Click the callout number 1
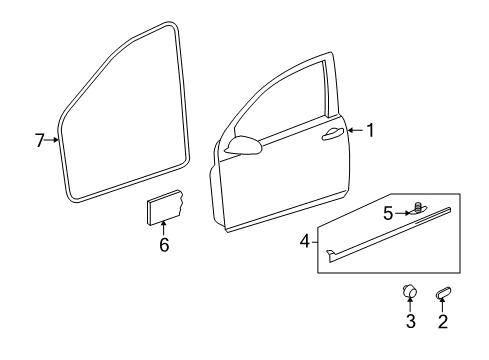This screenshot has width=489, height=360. (370, 130)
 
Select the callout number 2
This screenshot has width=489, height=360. (443, 321)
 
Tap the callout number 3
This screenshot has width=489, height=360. (411, 321)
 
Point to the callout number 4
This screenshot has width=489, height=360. (305, 241)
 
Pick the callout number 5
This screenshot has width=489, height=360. (388, 213)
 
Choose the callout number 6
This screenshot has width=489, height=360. (164, 245)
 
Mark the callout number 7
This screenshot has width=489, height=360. (40, 140)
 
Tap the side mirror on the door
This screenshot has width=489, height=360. (244, 145)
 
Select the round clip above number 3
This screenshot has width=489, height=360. (409, 291)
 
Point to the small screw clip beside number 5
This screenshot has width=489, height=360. (418, 208)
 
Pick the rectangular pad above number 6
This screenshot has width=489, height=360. (165, 208)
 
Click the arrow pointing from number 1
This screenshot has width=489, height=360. (356, 130)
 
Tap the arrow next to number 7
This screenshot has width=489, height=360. (52, 140)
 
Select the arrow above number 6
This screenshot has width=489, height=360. (163, 229)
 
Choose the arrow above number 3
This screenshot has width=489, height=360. (410, 305)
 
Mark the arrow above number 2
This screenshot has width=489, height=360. (443, 305)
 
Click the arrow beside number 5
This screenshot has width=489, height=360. (402, 213)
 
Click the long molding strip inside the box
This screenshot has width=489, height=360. (389, 235)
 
